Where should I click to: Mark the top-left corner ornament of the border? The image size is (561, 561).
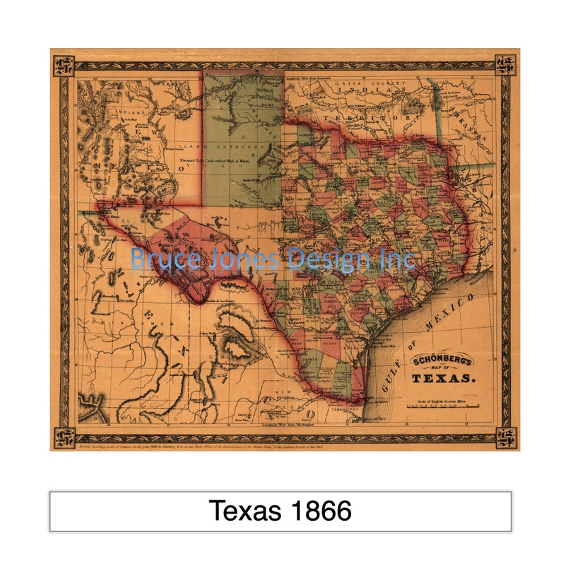click(64, 66)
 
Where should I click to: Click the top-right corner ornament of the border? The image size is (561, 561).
click(505, 66)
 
